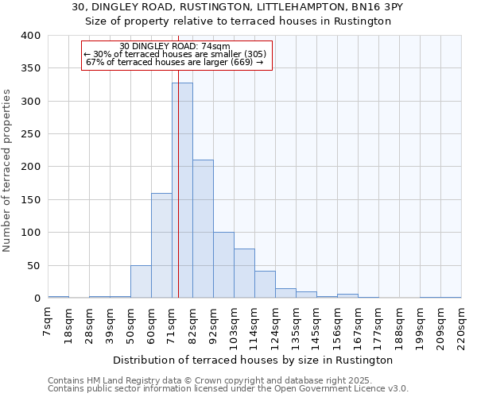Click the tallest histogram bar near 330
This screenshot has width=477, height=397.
point(182,191)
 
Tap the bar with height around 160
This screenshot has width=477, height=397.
point(161,245)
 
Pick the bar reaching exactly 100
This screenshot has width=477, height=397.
point(223,265)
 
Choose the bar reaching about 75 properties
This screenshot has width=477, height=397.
point(244,273)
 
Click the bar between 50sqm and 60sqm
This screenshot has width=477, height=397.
point(141,282)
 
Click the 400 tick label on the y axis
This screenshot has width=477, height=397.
point(31,36)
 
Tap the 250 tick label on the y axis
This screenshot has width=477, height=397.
point(31,134)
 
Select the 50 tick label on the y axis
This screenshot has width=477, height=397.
point(34,265)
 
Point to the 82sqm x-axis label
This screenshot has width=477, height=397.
point(192,321)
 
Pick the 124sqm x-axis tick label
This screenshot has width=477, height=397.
point(275,323)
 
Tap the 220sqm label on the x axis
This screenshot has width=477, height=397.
point(461,323)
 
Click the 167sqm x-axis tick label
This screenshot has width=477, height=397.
point(358,323)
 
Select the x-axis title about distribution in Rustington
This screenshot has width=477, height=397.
point(254,360)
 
